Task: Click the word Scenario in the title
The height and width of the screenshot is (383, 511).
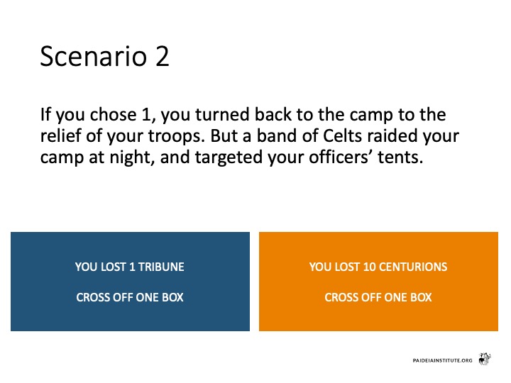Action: click(94, 56)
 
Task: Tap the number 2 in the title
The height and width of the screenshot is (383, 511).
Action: click(163, 56)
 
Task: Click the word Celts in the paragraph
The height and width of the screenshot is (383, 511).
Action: click(342, 135)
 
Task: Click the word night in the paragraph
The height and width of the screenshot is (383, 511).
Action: click(132, 157)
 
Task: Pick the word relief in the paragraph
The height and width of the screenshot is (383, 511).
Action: click(60, 135)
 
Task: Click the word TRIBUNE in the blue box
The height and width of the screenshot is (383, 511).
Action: click(161, 267)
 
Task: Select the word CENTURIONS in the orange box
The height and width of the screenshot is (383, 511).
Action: click(413, 267)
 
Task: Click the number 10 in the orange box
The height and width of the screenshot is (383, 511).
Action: click(370, 267)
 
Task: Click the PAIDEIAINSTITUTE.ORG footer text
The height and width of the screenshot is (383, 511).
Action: click(442, 360)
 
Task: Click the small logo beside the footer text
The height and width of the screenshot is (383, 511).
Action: click(485, 359)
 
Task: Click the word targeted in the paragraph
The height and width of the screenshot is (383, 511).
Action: click(229, 157)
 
